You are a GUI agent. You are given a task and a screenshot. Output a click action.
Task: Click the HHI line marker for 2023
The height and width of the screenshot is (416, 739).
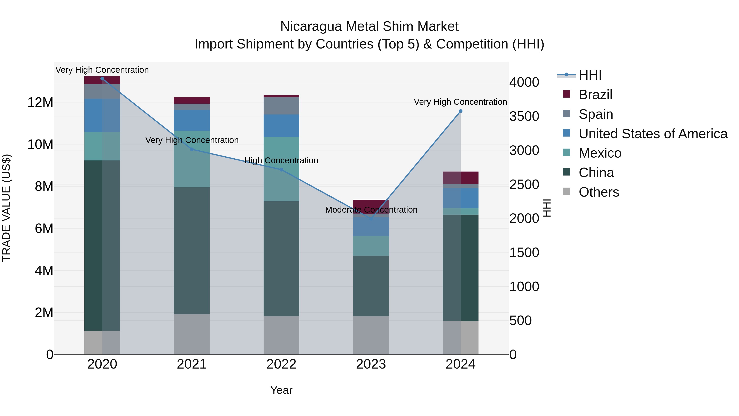371,219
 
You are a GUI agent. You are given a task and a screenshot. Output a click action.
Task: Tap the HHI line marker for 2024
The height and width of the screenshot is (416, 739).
460,111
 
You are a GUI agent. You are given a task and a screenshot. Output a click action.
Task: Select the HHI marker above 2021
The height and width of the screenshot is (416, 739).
192,149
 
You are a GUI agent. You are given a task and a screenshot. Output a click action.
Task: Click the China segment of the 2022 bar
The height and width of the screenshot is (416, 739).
281,258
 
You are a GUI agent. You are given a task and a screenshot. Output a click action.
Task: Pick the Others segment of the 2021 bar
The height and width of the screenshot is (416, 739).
192,334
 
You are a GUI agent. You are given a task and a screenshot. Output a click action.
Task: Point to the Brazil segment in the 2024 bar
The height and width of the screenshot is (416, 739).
460,178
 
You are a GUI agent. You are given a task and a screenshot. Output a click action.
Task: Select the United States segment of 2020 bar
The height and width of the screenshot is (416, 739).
102,115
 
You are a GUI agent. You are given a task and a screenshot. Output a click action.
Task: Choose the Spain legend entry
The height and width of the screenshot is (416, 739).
596,114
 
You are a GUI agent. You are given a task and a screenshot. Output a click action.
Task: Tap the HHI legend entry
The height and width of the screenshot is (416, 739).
590,75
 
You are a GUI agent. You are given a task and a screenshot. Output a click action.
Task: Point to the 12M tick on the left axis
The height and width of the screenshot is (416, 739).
40,103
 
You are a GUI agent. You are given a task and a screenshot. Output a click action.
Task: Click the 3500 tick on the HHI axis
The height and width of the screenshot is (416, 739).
524,116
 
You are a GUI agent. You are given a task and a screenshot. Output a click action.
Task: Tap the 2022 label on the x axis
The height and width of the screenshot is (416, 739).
281,364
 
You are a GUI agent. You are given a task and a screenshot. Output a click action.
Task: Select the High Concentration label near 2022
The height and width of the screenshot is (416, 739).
281,160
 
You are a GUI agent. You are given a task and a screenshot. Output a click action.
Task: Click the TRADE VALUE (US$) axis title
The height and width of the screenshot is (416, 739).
6,208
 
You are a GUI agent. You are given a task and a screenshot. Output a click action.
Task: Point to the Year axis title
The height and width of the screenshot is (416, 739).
281,390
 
